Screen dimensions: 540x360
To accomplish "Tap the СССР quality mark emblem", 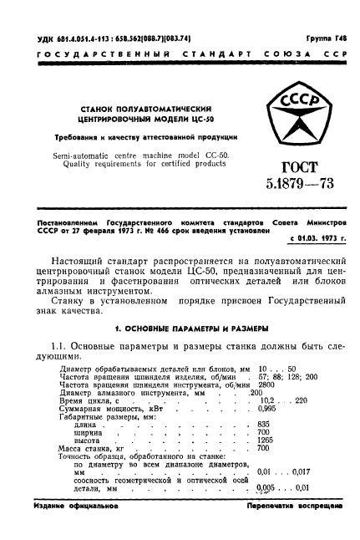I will click(x=294, y=130).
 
